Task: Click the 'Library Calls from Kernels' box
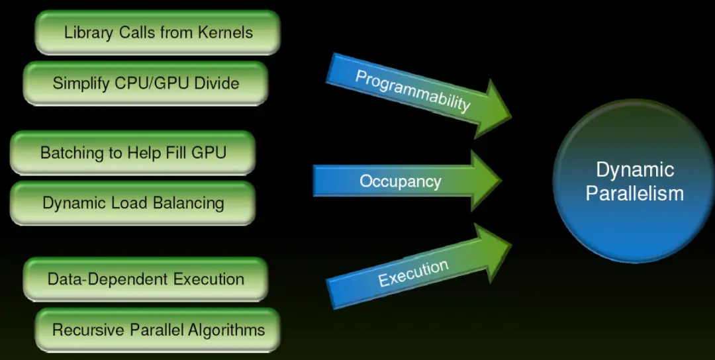coord(158,32)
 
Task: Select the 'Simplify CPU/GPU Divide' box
coord(146,83)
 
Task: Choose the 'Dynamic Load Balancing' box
coord(132,203)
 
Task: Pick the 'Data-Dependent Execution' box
coord(146,279)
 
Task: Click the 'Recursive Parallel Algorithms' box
coord(158,330)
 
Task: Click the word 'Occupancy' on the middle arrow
coord(400,181)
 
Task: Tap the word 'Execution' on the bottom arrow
coord(413,273)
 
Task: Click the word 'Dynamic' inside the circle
coord(634,169)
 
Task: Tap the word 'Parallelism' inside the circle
coord(634,193)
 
